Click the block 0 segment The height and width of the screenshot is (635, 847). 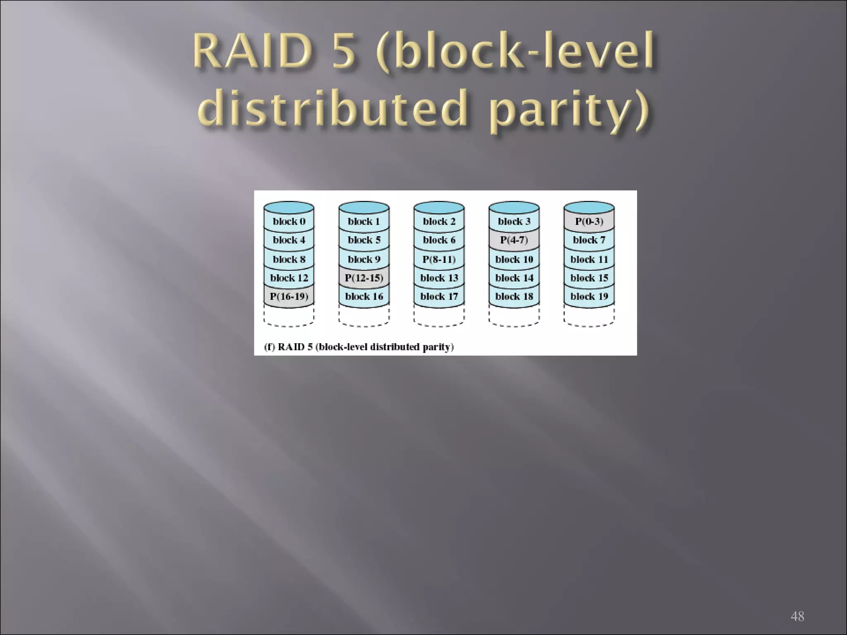[289, 222]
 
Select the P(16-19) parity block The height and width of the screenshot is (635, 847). [289, 296]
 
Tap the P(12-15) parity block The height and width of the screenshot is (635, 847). [364, 278]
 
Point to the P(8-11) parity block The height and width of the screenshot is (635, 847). [439, 259]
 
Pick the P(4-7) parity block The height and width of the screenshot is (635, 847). [514, 240]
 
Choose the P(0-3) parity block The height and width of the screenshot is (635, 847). [589, 222]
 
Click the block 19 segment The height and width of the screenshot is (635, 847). [589, 296]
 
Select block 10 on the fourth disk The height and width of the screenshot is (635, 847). [514, 259]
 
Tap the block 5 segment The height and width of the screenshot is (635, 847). [364, 240]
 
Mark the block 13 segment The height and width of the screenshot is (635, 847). [439, 278]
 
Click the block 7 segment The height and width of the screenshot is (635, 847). [589, 240]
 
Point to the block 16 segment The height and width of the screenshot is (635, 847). [364, 296]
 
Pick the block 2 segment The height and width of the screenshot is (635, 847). [439, 222]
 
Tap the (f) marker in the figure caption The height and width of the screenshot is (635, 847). [270, 347]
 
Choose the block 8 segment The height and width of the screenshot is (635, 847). [289, 259]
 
